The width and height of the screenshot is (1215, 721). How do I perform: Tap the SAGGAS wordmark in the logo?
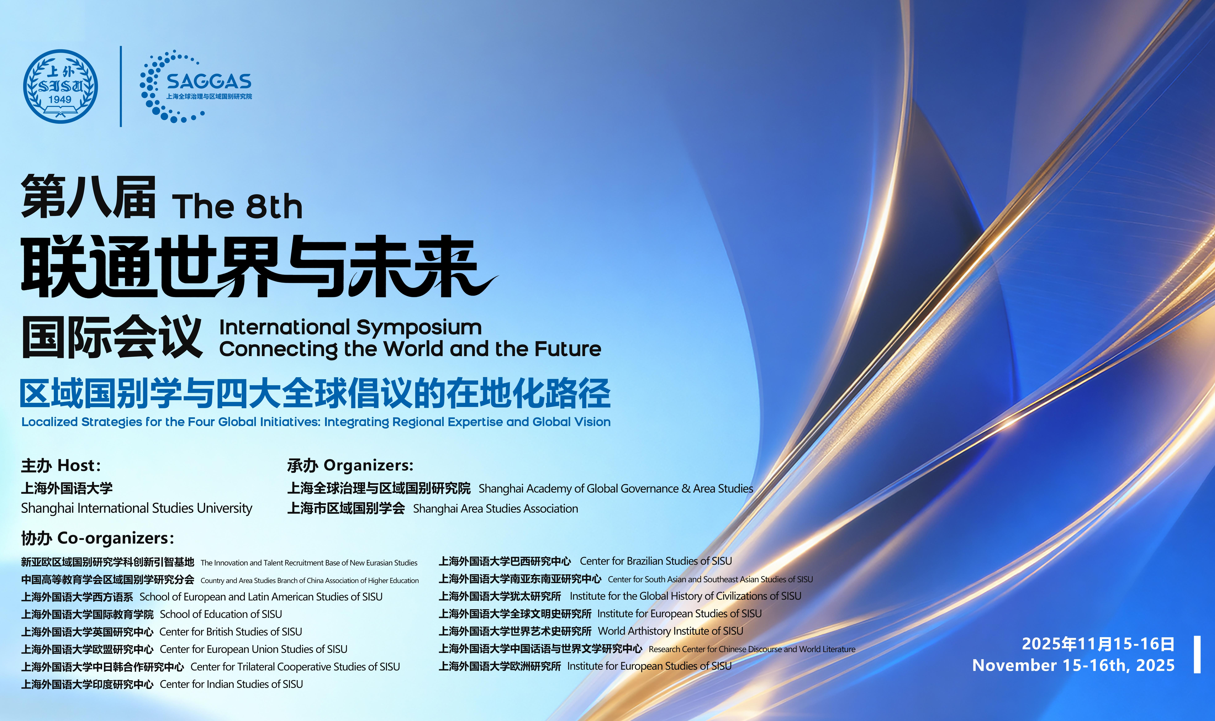click(209, 81)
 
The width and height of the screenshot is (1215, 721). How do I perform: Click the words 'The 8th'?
click(237, 206)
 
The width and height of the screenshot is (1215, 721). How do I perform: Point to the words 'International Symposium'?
click(350, 327)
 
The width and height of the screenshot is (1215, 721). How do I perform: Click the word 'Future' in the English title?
click(568, 349)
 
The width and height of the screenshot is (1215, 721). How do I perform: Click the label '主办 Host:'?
click(61, 465)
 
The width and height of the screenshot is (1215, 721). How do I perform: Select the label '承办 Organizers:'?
click(350, 465)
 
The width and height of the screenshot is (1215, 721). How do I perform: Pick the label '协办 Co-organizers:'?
click(97, 538)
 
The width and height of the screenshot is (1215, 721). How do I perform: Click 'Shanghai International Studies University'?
click(136, 508)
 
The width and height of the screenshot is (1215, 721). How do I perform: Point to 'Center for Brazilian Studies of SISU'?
click(656, 561)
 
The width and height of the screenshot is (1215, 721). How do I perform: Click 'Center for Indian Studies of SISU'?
click(231, 684)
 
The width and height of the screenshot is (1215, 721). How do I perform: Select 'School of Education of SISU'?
click(221, 614)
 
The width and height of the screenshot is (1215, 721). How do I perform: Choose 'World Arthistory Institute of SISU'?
click(670, 631)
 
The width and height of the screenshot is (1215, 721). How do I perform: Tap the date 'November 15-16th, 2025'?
click(1074, 665)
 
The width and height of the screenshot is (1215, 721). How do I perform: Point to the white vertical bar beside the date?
click(1197, 654)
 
